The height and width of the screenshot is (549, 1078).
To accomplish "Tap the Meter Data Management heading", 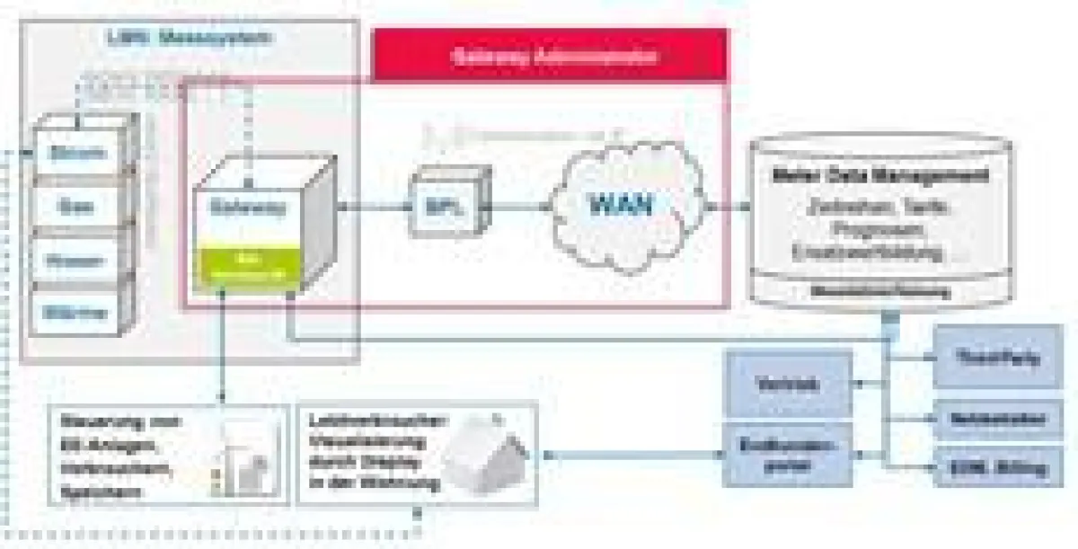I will click(880, 174).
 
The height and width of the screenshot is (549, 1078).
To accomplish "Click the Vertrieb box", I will click(786, 384).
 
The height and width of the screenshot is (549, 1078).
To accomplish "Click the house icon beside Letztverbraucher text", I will click(481, 455).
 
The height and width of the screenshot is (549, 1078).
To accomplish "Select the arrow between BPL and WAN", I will click(521, 207).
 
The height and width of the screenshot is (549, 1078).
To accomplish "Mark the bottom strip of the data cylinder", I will click(880, 291).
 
